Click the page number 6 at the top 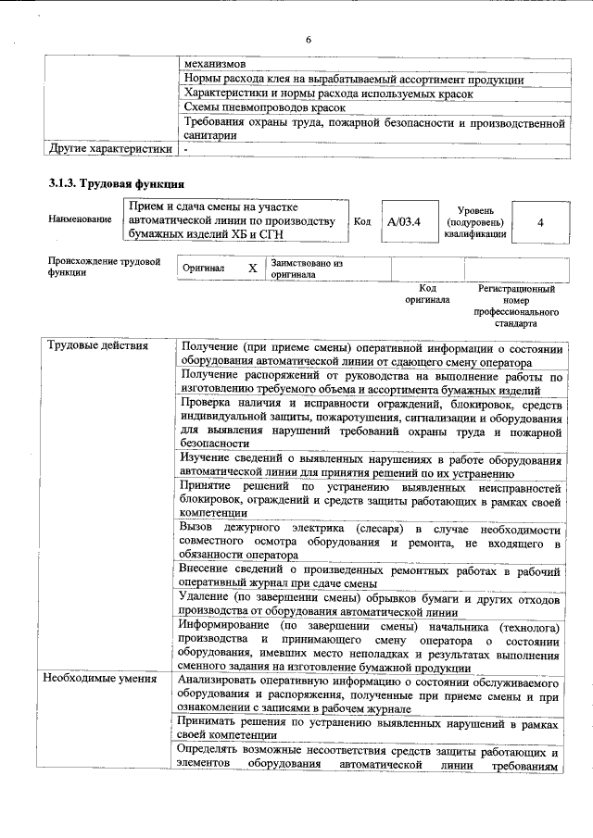click(309, 39)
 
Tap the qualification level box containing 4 click(539, 222)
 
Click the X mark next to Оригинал click(252, 268)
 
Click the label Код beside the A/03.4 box click(362, 222)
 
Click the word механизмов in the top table click(215, 65)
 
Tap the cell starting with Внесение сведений click(372, 577)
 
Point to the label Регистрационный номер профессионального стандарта click(516, 307)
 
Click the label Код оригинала click(427, 294)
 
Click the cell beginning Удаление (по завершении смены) click(372, 604)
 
